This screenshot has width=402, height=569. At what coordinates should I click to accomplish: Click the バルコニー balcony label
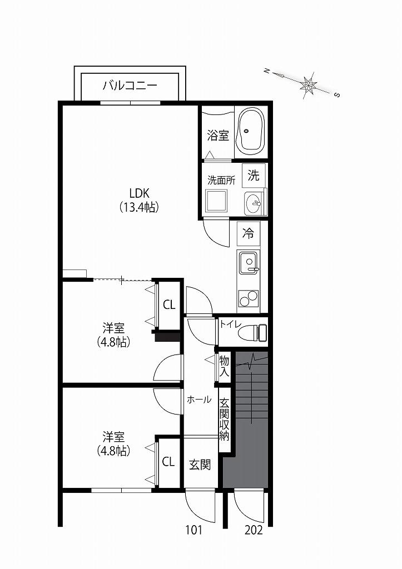coord(130,86)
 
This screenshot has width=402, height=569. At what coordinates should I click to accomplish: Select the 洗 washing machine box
coord(254,176)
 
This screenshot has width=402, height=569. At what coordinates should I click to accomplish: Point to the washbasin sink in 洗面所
coord(254,203)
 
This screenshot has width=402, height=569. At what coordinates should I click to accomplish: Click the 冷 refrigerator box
coord(249,234)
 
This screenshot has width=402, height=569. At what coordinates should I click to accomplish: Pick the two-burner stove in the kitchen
coord(249,298)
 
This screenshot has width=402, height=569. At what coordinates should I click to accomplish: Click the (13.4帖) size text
coord(139,207)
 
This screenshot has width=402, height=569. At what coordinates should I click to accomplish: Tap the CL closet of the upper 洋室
coord(169,305)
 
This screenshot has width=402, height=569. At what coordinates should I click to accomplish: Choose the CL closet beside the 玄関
coord(168,462)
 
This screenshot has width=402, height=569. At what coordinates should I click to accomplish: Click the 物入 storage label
coord(224,366)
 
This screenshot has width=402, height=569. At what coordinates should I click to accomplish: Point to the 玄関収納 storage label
coord(225,420)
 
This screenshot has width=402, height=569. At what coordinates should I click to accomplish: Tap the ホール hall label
coord(199,400)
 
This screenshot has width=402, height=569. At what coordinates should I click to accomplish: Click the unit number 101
coord(193,530)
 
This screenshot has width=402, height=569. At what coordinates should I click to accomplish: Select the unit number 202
coord(254,530)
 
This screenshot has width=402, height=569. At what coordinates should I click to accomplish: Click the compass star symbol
coord(308,86)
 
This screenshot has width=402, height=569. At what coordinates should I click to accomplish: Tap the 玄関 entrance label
coord(200,465)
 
